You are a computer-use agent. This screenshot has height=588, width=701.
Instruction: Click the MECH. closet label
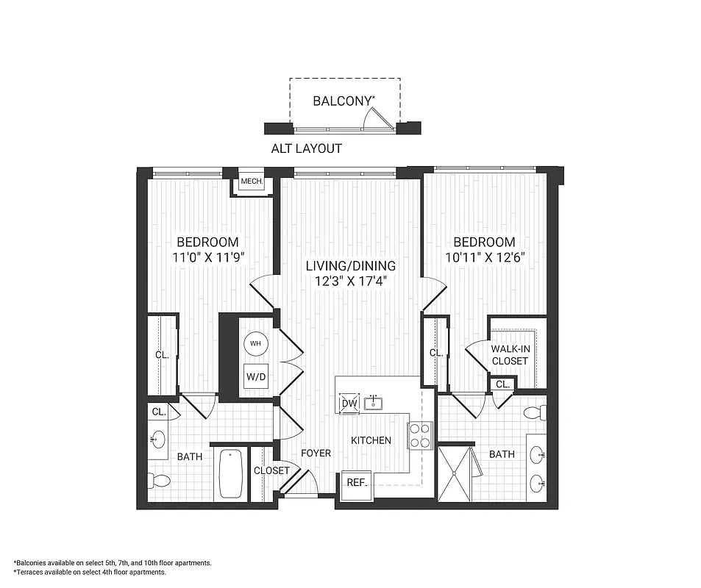pyautogui.click(x=252, y=182)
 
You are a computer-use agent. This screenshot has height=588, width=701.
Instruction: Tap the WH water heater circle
pyautogui.click(x=255, y=343)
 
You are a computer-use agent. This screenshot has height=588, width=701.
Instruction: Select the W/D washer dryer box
pyautogui.click(x=256, y=377)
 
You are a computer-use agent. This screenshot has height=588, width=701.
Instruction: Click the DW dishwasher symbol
pyautogui.click(x=349, y=404)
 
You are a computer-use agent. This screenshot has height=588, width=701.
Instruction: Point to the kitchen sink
pyautogui.click(x=375, y=401)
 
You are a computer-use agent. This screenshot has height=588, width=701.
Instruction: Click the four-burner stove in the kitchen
pyautogui.click(x=420, y=435)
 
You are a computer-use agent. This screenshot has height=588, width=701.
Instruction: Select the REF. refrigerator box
pyautogui.click(x=357, y=483)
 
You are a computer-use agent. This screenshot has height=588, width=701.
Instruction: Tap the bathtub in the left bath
pyautogui.click(x=231, y=475)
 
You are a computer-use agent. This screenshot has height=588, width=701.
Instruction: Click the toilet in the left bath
pyautogui.click(x=159, y=481)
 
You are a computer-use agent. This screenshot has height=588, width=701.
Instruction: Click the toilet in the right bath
pyautogui.click(x=534, y=411)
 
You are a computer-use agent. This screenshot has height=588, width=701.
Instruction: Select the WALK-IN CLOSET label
pyautogui.click(x=510, y=354)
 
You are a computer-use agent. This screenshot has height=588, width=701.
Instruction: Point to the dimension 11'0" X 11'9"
pyautogui.click(x=208, y=257)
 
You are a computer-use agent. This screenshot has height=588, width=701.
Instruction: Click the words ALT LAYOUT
pyautogui.click(x=307, y=148)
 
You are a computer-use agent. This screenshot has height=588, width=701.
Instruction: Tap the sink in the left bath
pyautogui.click(x=158, y=441)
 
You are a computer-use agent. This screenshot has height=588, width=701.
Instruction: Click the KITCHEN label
pyautogui.click(x=371, y=440)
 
